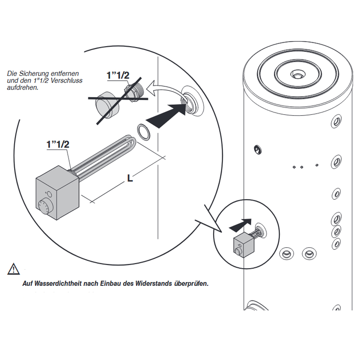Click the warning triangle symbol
(x=13, y=269)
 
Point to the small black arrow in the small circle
(x=240, y=225)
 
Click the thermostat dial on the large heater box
(x=46, y=206)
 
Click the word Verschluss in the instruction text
(x=68, y=81)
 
